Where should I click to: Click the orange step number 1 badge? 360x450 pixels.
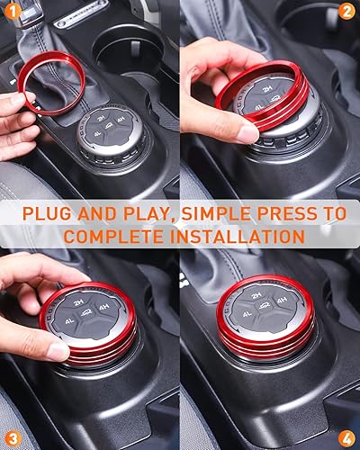13,13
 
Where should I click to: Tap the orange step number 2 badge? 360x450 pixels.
346,13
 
